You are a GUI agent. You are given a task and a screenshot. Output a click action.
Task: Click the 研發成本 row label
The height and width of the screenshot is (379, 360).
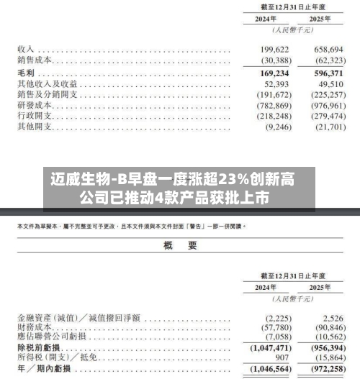[x=35, y=105]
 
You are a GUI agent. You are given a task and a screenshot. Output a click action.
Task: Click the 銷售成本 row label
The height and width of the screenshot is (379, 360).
[x=35, y=60]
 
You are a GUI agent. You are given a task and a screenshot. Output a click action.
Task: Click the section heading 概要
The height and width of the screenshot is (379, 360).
[x=180, y=246]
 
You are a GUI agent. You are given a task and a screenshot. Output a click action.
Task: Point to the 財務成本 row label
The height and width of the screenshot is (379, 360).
[x=35, y=327]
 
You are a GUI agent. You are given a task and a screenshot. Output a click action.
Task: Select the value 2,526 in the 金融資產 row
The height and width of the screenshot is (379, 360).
[x=331, y=316]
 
